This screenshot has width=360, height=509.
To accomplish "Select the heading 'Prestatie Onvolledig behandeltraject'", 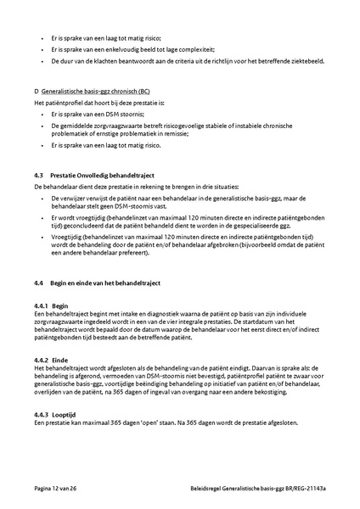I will coord(98,174).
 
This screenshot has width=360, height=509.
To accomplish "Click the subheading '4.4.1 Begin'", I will coord(51,305).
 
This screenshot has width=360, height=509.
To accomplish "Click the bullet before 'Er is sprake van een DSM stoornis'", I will coord(43,113).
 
